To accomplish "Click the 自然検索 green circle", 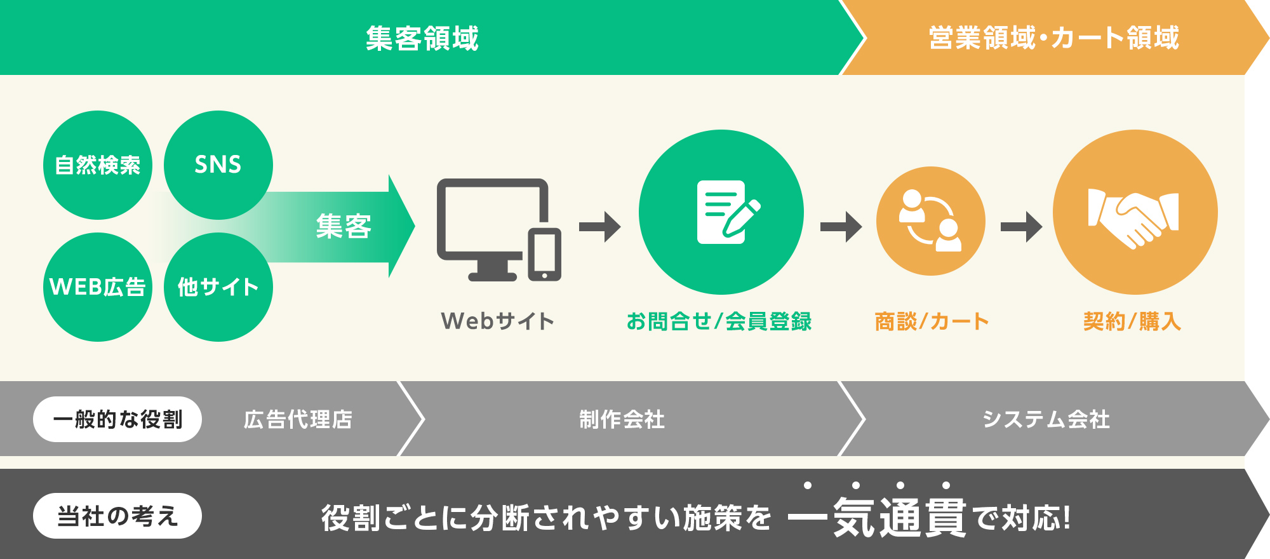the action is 98,165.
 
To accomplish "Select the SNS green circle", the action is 218,165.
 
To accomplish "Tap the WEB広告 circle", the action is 98,287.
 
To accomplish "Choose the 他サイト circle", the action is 218,287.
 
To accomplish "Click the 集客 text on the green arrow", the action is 344,226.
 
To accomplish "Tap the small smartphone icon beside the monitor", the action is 544,254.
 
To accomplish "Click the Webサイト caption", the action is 498,321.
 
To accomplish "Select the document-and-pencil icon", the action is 728,212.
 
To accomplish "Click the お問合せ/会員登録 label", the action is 719,321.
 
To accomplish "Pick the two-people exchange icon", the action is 930,220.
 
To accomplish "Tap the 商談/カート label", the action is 932,321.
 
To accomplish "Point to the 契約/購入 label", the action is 1132,321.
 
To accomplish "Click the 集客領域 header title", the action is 422,38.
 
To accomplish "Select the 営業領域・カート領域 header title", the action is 1054,38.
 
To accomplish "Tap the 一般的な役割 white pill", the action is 117,419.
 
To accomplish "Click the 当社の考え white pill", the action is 117,516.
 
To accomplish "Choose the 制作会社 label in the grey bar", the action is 622,419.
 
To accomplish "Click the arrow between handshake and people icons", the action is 1021,227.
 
